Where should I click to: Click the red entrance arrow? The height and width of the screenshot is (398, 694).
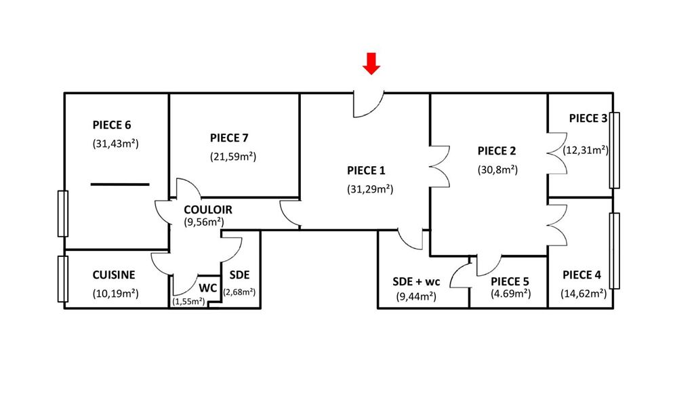point(371,64)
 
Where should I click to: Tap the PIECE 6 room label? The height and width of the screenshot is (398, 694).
point(112,125)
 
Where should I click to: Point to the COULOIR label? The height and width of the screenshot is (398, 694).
point(208,210)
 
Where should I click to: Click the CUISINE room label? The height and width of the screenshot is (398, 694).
point(114,275)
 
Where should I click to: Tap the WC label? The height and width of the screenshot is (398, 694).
point(207,287)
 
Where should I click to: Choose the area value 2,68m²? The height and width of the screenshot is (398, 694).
point(239,292)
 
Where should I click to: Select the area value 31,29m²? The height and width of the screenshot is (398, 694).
point(370,189)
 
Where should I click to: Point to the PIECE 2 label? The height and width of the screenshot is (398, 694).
point(497,151)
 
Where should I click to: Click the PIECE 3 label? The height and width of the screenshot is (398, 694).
point(588,118)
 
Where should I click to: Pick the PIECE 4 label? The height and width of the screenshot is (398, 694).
point(581,275)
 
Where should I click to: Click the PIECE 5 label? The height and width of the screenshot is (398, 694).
point(510,281)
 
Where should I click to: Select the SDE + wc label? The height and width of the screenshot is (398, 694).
point(416,281)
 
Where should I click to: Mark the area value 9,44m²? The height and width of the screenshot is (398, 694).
point(415,296)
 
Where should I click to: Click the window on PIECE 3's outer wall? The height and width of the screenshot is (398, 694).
point(615,150)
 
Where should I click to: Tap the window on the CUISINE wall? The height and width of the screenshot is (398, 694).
point(63,279)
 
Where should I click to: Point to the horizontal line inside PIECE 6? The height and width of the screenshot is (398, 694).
point(120,184)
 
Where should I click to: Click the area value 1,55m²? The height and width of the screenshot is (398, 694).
point(189,301)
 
